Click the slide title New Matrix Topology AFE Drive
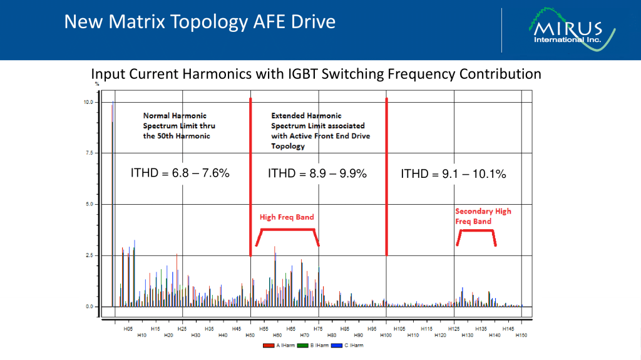(200, 23)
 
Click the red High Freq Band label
(287, 217)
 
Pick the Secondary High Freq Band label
(483, 216)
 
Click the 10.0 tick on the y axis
(88, 102)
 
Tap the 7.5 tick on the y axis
(88, 153)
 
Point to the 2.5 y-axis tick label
(88, 255)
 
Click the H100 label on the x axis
(386, 336)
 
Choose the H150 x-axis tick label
(521, 336)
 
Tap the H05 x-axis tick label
(128, 328)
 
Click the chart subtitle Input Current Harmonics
(316, 74)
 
